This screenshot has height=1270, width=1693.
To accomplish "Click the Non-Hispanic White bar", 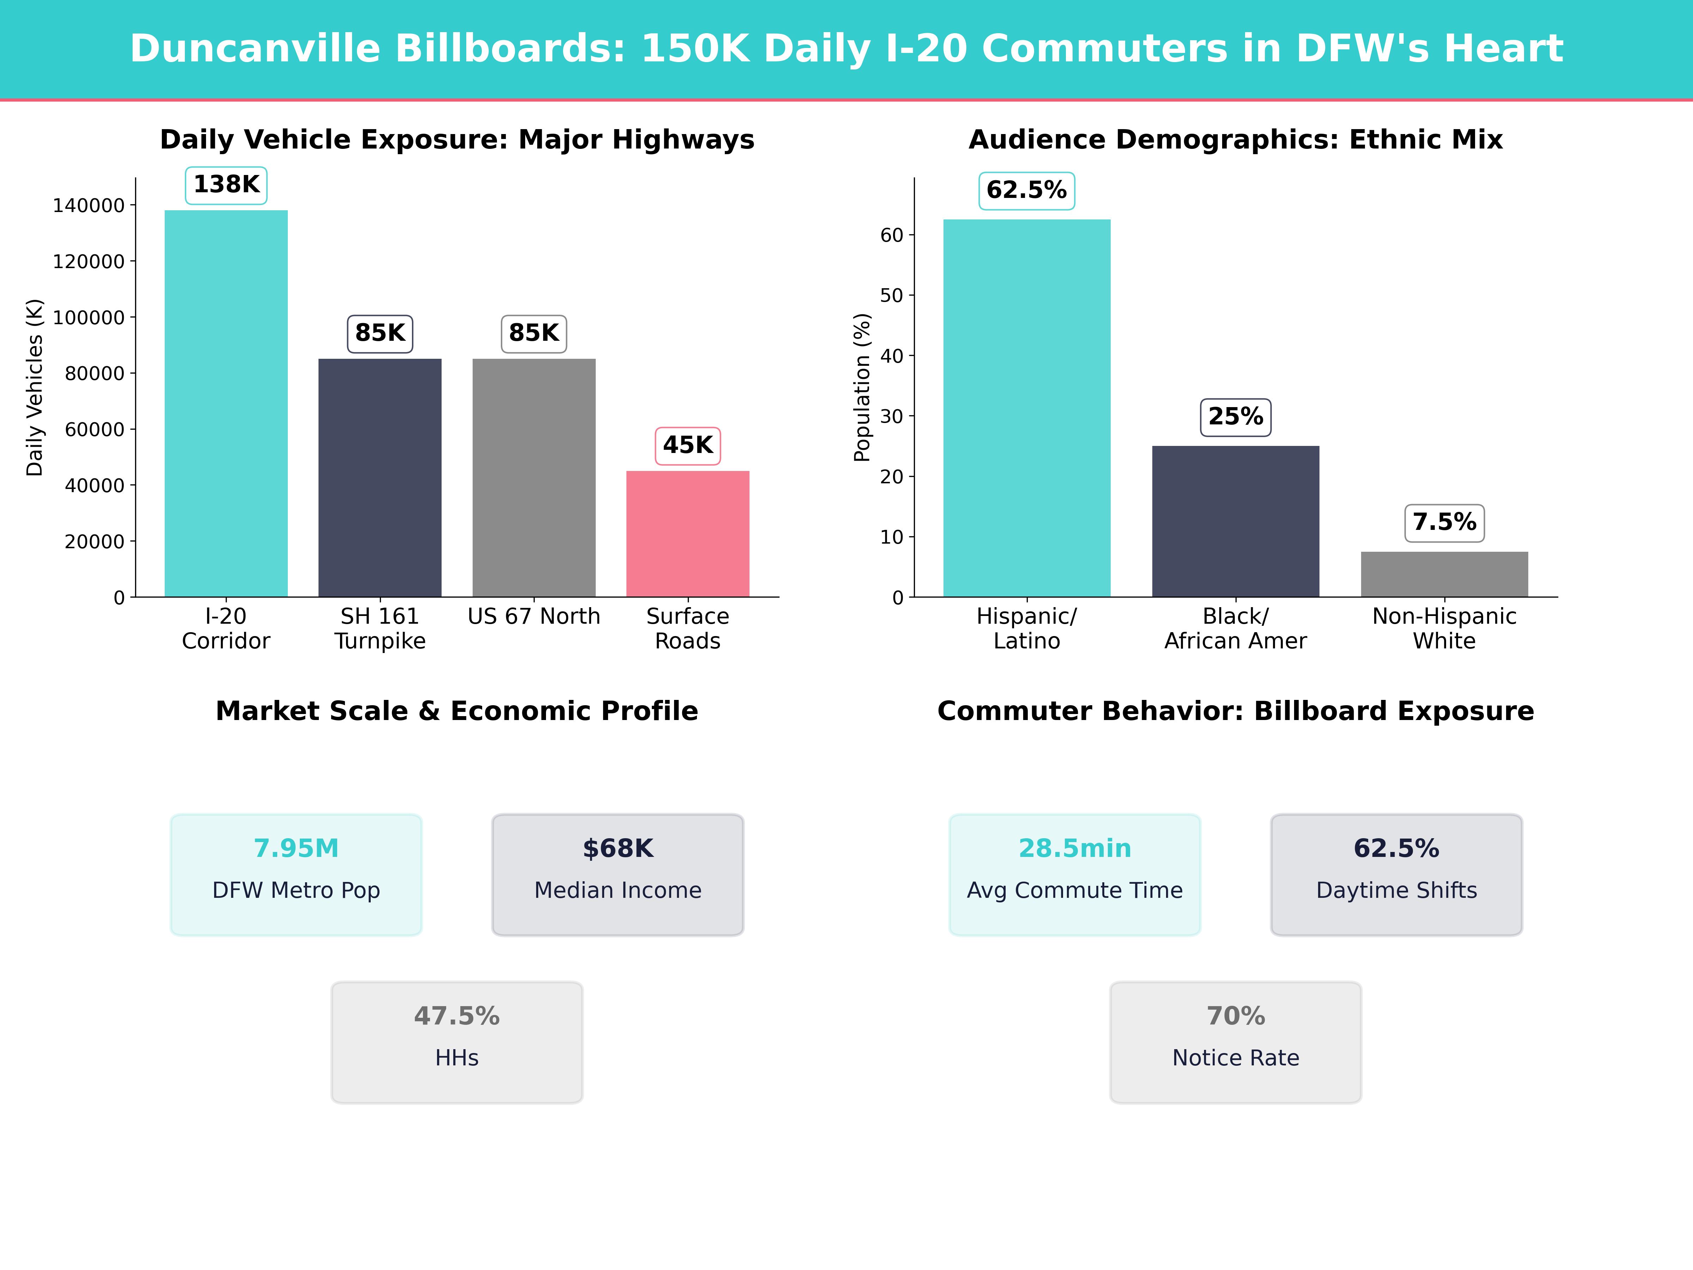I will [1444, 574].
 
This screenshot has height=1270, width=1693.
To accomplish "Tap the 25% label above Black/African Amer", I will [1235, 417].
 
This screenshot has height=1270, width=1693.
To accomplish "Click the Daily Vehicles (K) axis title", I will [35, 387].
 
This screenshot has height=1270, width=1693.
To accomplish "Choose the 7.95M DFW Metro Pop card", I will [296, 874].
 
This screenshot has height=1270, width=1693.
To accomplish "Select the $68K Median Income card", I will [618, 874].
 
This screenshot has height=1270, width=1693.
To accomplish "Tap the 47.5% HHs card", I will [457, 1042].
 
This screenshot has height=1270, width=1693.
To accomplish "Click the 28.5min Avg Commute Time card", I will [1075, 874].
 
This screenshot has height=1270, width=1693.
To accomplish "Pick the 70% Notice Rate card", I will [1235, 1042].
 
